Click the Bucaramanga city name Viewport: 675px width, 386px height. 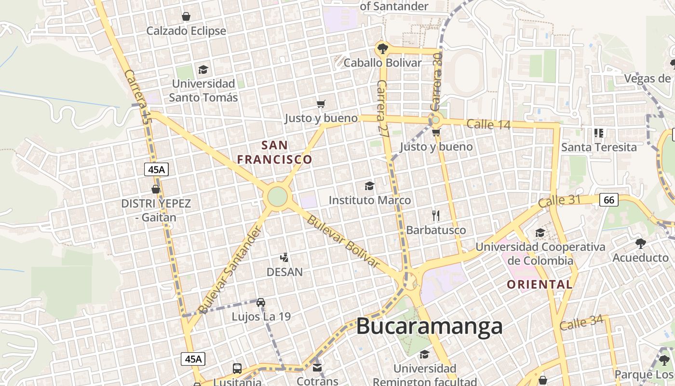pyautogui.click(x=429, y=327)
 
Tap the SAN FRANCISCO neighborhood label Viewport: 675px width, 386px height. pyautogui.click(x=275, y=152)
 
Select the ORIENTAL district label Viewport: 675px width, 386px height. pyautogui.click(x=540, y=285)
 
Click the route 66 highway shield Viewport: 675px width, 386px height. pyautogui.click(x=609, y=200)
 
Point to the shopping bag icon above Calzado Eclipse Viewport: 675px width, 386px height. pyautogui.click(x=186, y=17)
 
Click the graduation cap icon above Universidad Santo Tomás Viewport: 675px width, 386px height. pyautogui.click(x=203, y=69)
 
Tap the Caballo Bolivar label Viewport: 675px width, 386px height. pyautogui.click(x=382, y=63)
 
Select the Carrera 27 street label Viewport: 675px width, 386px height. pyautogui.click(x=382, y=109)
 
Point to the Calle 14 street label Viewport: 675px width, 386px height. pyautogui.click(x=488, y=124)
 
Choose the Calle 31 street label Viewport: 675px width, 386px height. pyautogui.click(x=559, y=201)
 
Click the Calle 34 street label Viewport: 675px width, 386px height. pyautogui.click(x=581, y=323)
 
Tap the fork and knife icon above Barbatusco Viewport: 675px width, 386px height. pyautogui.click(x=436, y=215)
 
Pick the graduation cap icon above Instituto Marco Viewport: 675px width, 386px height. pyautogui.click(x=369, y=186)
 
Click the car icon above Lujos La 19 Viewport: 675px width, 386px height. pyautogui.click(x=261, y=302)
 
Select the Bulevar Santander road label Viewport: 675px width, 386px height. pyautogui.click(x=231, y=269)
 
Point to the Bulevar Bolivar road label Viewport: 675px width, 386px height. pyautogui.click(x=342, y=241)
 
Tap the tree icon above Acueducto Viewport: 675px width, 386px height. pyautogui.click(x=640, y=244)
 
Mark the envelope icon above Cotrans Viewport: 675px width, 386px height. pyautogui.click(x=317, y=368)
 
